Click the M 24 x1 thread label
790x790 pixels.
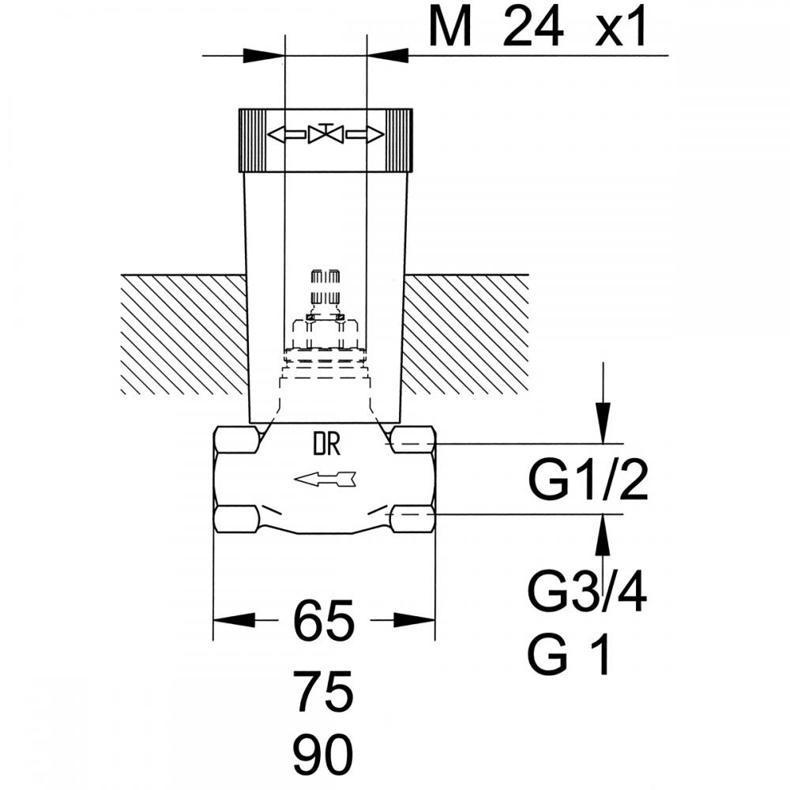click(537, 27)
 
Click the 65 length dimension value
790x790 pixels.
click(323, 621)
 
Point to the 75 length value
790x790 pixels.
click(323, 692)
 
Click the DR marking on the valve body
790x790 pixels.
click(327, 444)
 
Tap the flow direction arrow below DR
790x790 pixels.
click(325, 480)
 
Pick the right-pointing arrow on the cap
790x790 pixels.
click(365, 134)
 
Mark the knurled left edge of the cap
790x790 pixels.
click(252, 141)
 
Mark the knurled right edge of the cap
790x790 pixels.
click(400, 141)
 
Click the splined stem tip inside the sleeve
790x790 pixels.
click(325, 288)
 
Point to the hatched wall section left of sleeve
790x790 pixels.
click(184, 334)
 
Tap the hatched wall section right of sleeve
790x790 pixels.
click(465, 334)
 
